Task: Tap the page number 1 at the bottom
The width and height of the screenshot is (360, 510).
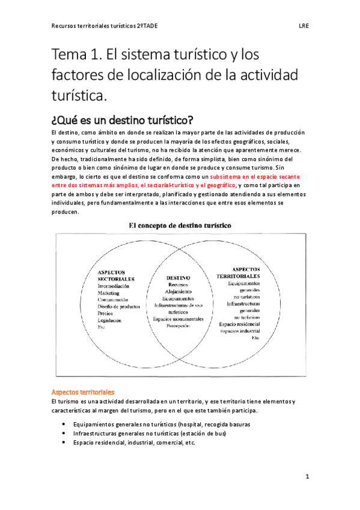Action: (x=307, y=477)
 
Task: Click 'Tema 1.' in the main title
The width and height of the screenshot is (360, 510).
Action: (x=76, y=58)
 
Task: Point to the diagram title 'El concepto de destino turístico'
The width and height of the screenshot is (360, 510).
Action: (x=181, y=225)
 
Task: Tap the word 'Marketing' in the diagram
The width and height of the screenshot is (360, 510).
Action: (x=110, y=293)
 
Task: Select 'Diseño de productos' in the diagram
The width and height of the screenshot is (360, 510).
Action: (x=122, y=307)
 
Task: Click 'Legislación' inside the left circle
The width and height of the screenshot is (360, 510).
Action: (x=111, y=321)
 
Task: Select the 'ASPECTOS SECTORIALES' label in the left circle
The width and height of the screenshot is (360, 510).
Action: (x=115, y=275)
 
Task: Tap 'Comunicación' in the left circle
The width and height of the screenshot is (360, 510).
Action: (x=117, y=300)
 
